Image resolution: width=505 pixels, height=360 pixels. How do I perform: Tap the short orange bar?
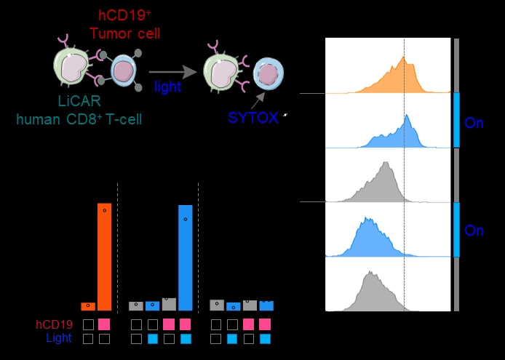tap(88, 306)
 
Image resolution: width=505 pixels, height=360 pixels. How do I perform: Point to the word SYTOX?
tap(253, 119)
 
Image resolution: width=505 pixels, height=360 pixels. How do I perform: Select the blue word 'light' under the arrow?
tap(167, 87)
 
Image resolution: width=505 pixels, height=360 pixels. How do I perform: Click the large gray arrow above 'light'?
tap(174, 71)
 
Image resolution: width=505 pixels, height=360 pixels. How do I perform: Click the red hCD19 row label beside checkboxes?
tap(55, 324)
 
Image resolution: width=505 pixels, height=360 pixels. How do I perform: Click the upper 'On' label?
tap(474, 123)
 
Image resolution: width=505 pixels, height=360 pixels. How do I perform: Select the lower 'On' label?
tap(474, 231)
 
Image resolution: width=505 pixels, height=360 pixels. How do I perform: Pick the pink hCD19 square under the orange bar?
tap(104, 324)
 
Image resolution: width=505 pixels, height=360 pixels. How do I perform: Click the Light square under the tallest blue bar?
tap(185, 339)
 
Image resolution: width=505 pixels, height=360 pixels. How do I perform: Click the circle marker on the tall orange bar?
tap(104, 210)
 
